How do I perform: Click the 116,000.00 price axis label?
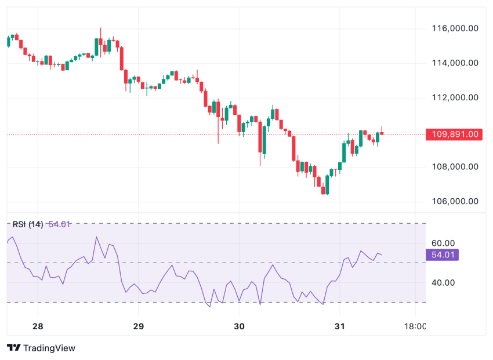click(x=455, y=28)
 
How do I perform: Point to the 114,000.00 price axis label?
click(x=455, y=63)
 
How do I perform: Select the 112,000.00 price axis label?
click(x=455, y=97)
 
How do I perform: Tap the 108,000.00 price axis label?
click(x=455, y=167)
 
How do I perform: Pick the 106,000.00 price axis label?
click(x=455, y=202)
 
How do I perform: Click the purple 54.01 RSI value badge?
click(x=442, y=254)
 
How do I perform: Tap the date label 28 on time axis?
click(x=38, y=326)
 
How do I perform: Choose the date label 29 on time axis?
click(x=138, y=326)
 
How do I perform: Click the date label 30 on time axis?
click(x=239, y=326)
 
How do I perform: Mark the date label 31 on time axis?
click(x=340, y=326)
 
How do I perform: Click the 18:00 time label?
click(x=415, y=326)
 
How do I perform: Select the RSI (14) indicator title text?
click(x=28, y=224)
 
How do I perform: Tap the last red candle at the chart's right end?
click(x=382, y=133)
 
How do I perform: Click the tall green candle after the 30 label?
click(x=264, y=140)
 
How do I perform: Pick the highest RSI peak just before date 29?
click(x=96, y=237)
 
